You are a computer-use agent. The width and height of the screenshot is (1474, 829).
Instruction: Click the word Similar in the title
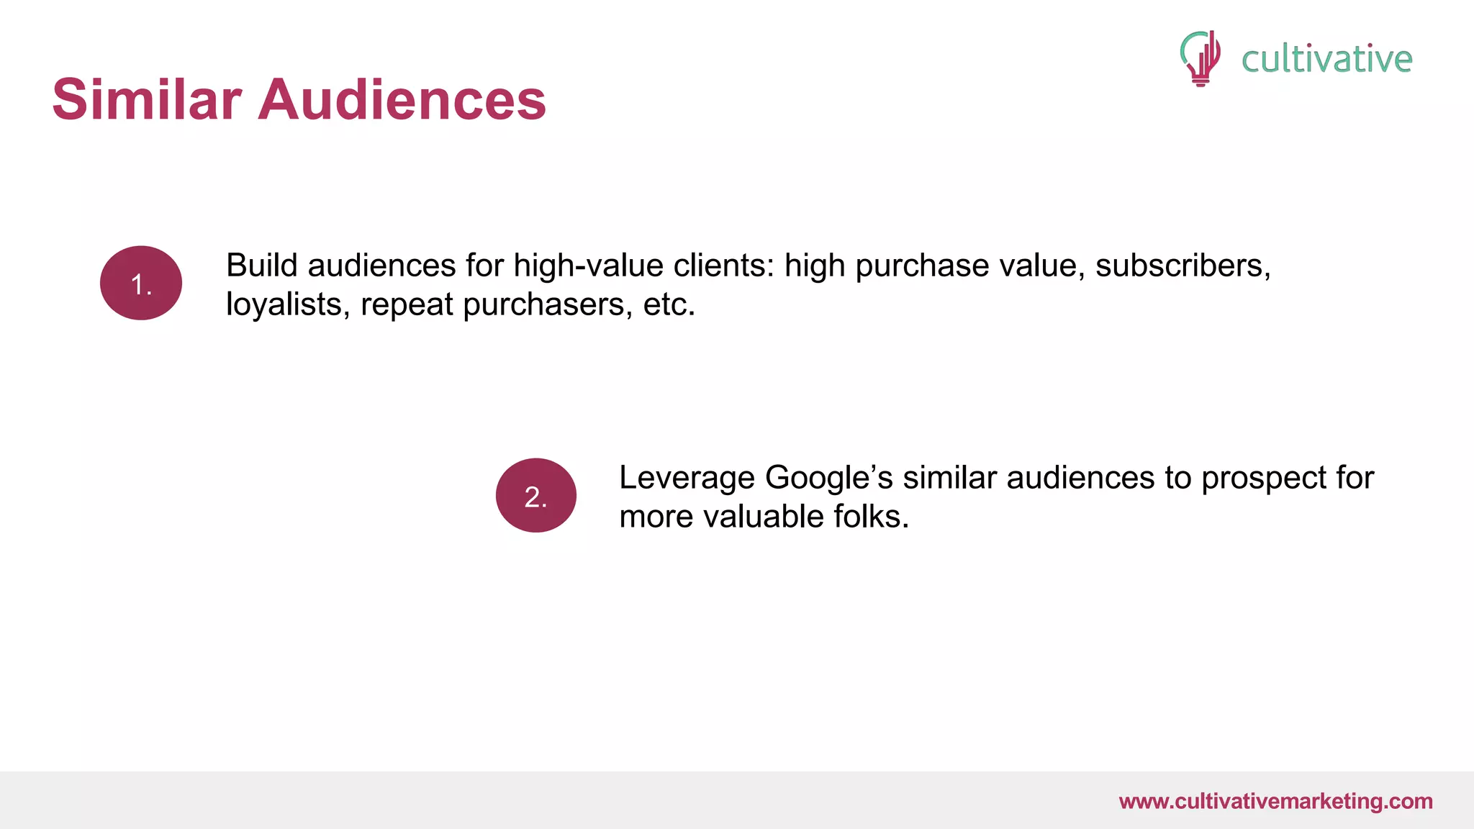pyautogui.click(x=147, y=99)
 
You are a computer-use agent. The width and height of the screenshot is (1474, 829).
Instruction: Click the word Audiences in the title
pyautogui.click(x=402, y=99)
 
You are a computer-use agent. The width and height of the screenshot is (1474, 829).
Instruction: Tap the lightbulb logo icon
pyautogui.click(x=1200, y=58)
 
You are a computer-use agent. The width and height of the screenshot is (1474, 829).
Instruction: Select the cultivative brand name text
pyautogui.click(x=1326, y=59)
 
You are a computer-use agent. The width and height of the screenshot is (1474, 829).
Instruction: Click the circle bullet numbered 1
pyautogui.click(x=141, y=283)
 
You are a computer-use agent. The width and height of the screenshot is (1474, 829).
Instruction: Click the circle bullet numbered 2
pyautogui.click(x=536, y=496)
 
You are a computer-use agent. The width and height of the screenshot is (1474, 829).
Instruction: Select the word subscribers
pyautogui.click(x=1183, y=266)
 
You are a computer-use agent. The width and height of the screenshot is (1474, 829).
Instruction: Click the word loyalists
pyautogui.click(x=288, y=305)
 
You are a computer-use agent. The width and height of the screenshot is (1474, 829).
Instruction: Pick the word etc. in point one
pyautogui.click(x=669, y=305)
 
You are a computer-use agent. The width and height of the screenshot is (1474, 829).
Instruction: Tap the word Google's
pyautogui.click(x=828, y=478)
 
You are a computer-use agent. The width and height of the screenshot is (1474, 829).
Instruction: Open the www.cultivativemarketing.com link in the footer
pyautogui.click(x=1275, y=801)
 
